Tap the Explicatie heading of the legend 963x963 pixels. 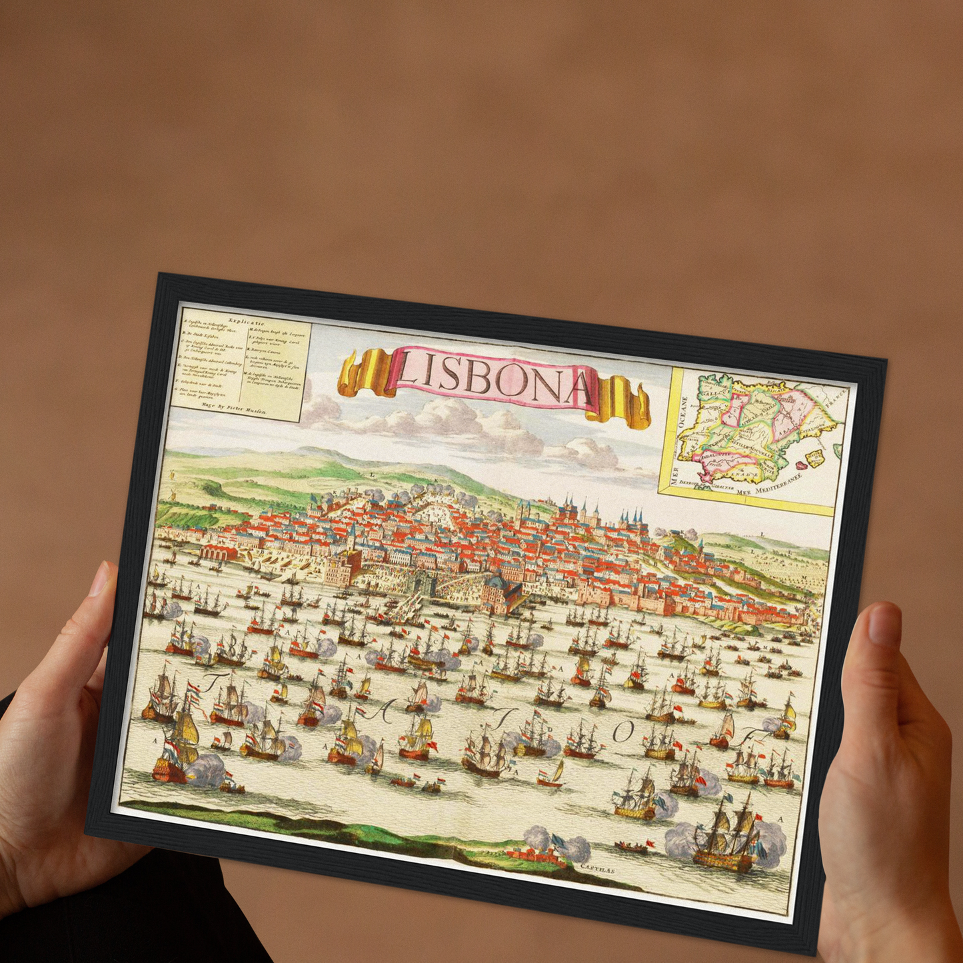(x=247, y=321)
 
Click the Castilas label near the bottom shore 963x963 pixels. (x=596, y=869)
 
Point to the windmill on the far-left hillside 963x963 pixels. (x=171, y=495)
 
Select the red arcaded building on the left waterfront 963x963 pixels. (x=217, y=553)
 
